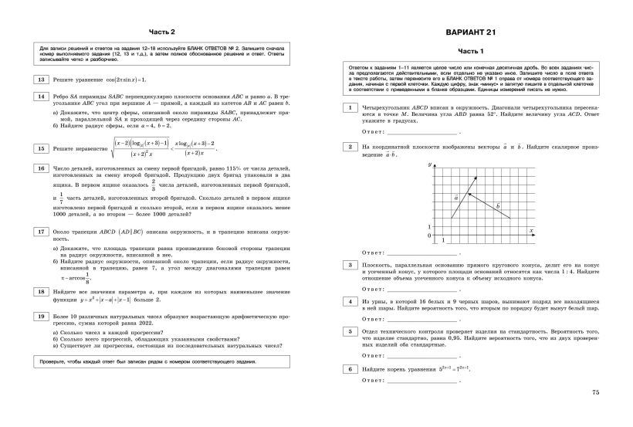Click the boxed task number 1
pyautogui.click(x=350, y=107)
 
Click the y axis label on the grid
pyautogui.click(x=428, y=165)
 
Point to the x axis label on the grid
pyautogui.click(x=532, y=231)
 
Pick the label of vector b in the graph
pyautogui.click(x=498, y=205)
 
